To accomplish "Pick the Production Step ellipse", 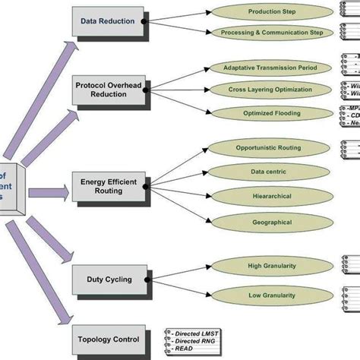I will (271, 12).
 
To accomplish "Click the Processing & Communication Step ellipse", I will (271, 33).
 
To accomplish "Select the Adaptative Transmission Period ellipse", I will (271, 68).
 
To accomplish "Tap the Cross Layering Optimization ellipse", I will (271, 90).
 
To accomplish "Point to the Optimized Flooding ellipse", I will (271, 112).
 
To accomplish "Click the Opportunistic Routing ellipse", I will (267, 148).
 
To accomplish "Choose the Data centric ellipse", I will (267, 172).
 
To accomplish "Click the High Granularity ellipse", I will (267, 265).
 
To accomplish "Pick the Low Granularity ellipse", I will (267, 294).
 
